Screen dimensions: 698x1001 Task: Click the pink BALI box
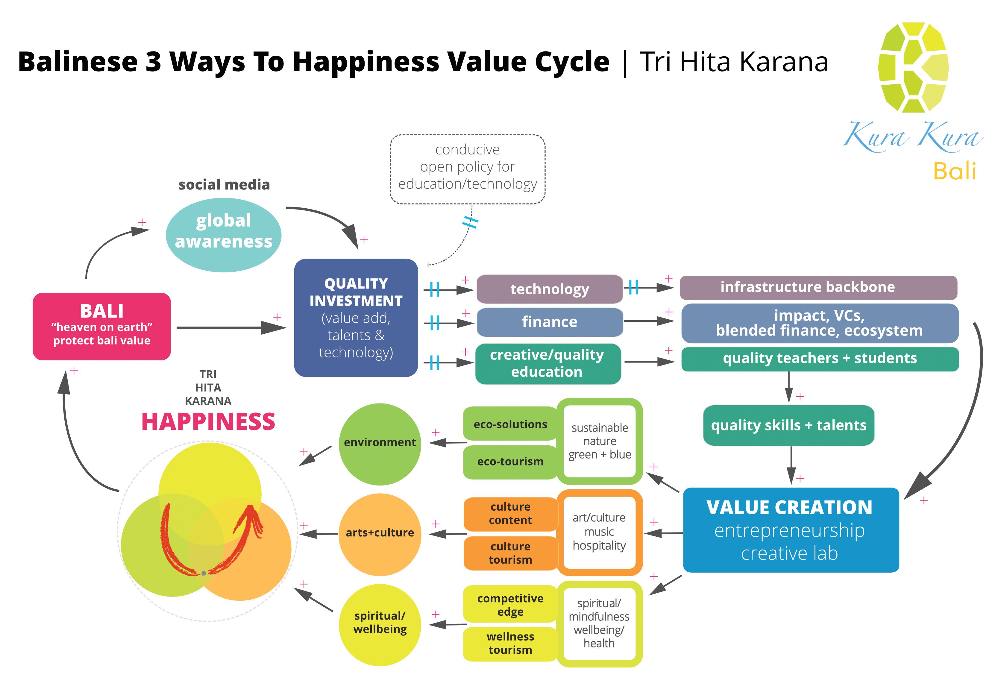pos(101,326)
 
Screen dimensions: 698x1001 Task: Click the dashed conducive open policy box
pos(467,169)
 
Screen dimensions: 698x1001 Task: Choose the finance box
pos(549,322)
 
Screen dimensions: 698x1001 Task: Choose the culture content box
pos(510,514)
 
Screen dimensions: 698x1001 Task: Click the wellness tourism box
pos(510,644)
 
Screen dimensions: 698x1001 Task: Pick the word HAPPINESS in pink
pos(208,422)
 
